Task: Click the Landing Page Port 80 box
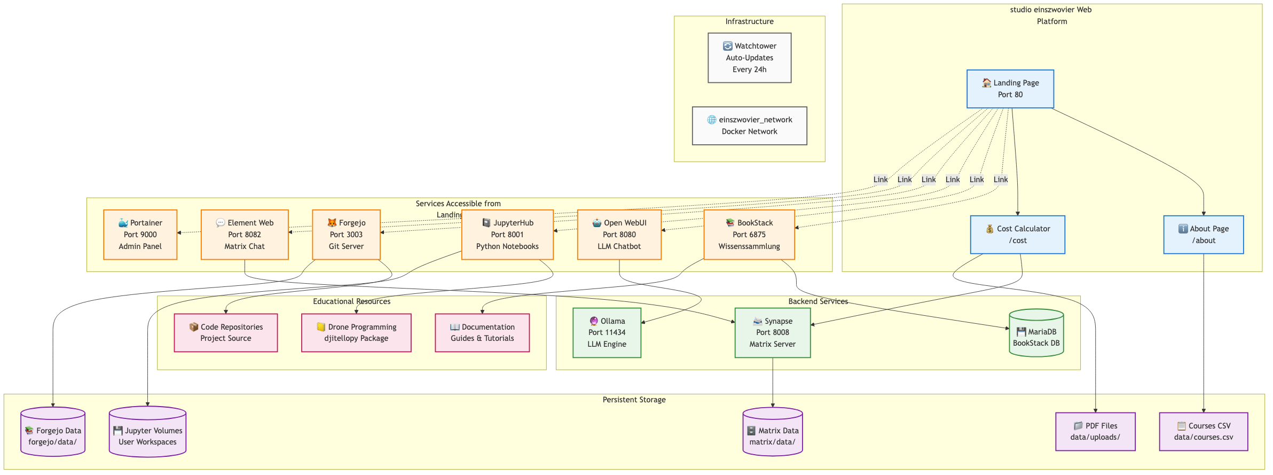click(x=1010, y=89)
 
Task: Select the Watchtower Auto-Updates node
click(x=749, y=58)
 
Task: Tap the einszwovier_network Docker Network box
click(x=749, y=126)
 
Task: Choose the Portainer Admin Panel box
click(x=140, y=235)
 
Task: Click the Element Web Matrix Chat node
click(x=245, y=235)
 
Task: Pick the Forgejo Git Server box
click(x=346, y=235)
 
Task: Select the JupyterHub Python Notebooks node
click(x=507, y=235)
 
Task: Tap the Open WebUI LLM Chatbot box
click(x=619, y=235)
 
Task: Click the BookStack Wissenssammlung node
click(x=749, y=235)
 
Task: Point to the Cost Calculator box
click(x=1017, y=235)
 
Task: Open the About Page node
click(x=1203, y=235)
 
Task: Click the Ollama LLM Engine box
click(x=607, y=332)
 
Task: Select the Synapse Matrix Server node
click(x=772, y=332)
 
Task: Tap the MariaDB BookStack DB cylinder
click(x=1036, y=334)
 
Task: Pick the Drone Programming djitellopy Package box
click(x=356, y=332)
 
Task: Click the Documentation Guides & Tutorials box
click(x=482, y=332)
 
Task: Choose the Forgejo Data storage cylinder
click(x=53, y=434)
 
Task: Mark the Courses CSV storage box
click(x=1203, y=431)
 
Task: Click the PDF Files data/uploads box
click(x=1095, y=431)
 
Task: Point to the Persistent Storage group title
click(x=634, y=400)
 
